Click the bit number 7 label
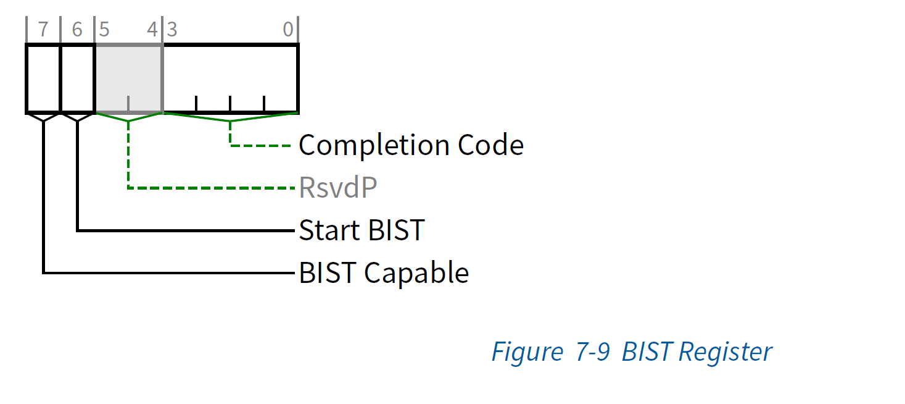click(x=43, y=30)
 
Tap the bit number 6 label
click(x=76, y=30)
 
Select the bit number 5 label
click(x=104, y=30)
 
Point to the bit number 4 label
click(x=152, y=30)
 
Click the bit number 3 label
click(x=172, y=30)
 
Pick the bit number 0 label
click(x=288, y=30)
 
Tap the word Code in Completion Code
click(x=490, y=146)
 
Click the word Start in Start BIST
click(x=330, y=230)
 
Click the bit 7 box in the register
click(x=43, y=78)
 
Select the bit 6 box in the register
click(x=77, y=78)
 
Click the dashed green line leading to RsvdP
click(x=210, y=187)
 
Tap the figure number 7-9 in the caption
click(x=593, y=352)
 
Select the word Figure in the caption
click(x=527, y=352)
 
